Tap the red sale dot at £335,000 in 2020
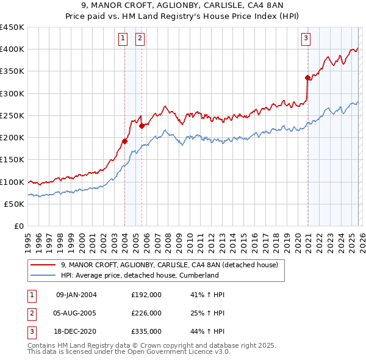(307, 77)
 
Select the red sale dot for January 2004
(124, 141)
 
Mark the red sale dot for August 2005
(142, 126)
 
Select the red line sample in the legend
(43, 265)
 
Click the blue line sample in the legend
(43, 275)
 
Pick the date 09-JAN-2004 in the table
(76, 295)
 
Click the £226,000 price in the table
(146, 313)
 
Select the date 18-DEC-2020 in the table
(76, 331)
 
